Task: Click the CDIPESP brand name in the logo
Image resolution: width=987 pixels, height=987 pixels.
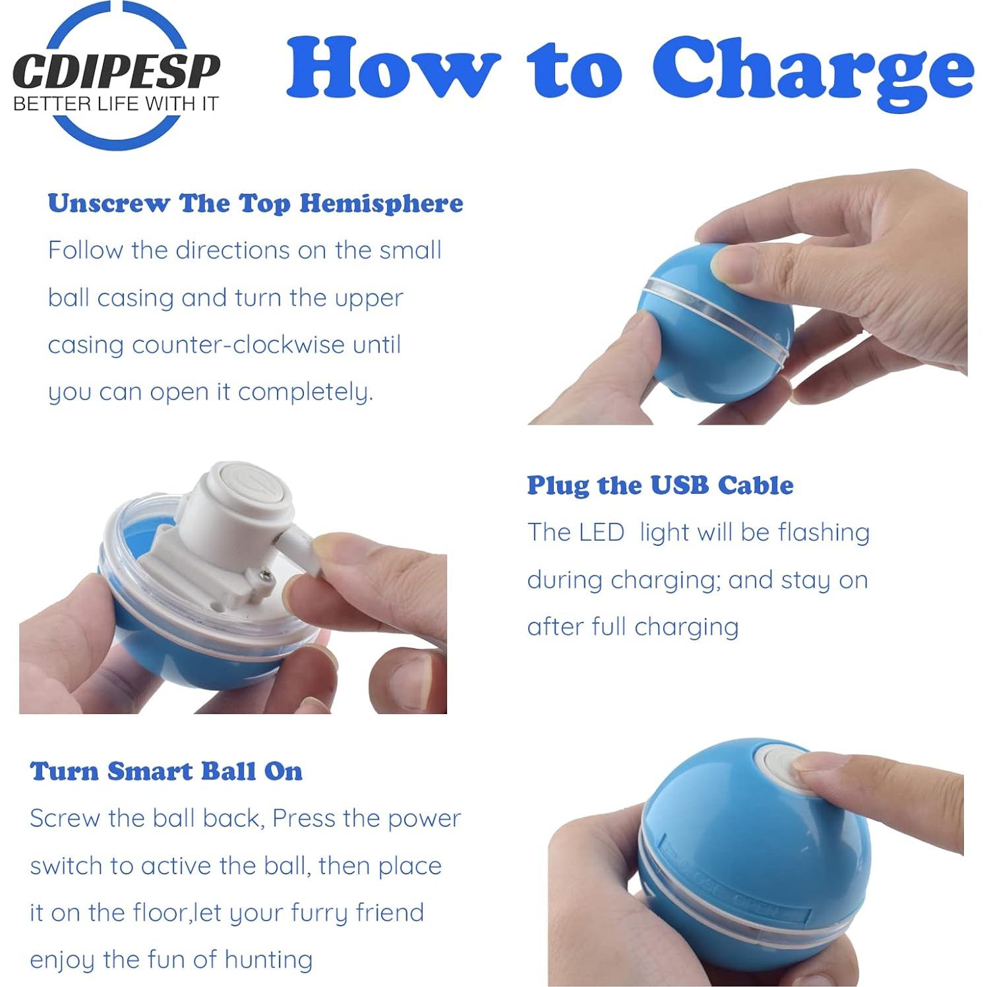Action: pos(116,71)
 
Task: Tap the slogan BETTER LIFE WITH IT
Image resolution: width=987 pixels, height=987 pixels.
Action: pos(115,104)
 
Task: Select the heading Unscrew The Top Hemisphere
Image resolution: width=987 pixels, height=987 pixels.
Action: pos(255,203)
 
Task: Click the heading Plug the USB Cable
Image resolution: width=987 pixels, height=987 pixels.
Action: pos(660,485)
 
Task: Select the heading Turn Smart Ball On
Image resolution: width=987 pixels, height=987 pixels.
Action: pos(166,771)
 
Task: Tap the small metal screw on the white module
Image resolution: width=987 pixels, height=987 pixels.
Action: pos(266,577)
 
